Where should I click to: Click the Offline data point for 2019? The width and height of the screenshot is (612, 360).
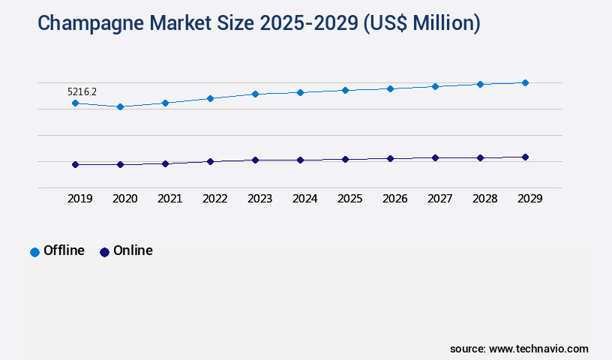pos(75,103)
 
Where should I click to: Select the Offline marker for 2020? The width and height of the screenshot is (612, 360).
pos(120,106)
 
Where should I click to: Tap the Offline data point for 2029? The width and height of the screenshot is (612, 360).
pos(525,82)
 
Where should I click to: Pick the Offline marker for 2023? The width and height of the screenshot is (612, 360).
pos(255,94)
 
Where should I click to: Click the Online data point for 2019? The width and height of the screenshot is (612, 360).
pos(75,164)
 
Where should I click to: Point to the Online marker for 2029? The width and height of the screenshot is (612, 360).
pos(525,157)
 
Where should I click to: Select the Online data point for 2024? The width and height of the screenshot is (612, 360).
pos(300,160)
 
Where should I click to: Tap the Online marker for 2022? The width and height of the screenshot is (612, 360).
pos(210,161)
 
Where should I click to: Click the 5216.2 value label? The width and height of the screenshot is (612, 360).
pos(82,91)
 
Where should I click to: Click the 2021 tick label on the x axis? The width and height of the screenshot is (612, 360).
pos(169,199)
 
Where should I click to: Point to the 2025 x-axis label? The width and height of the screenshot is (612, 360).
pos(349,199)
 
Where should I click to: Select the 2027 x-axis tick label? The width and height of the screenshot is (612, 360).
pos(439,199)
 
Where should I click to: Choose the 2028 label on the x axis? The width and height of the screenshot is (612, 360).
pos(484,199)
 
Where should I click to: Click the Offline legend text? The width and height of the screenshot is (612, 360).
pos(64,250)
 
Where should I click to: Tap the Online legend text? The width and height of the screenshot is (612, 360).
pos(133,250)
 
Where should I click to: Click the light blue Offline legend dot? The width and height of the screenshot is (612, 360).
pos(34,252)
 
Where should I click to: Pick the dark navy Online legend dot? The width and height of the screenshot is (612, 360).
pos(104,252)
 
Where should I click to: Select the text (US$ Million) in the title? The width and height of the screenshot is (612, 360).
pos(421,23)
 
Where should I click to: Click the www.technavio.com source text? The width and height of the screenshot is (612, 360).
pos(538,349)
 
